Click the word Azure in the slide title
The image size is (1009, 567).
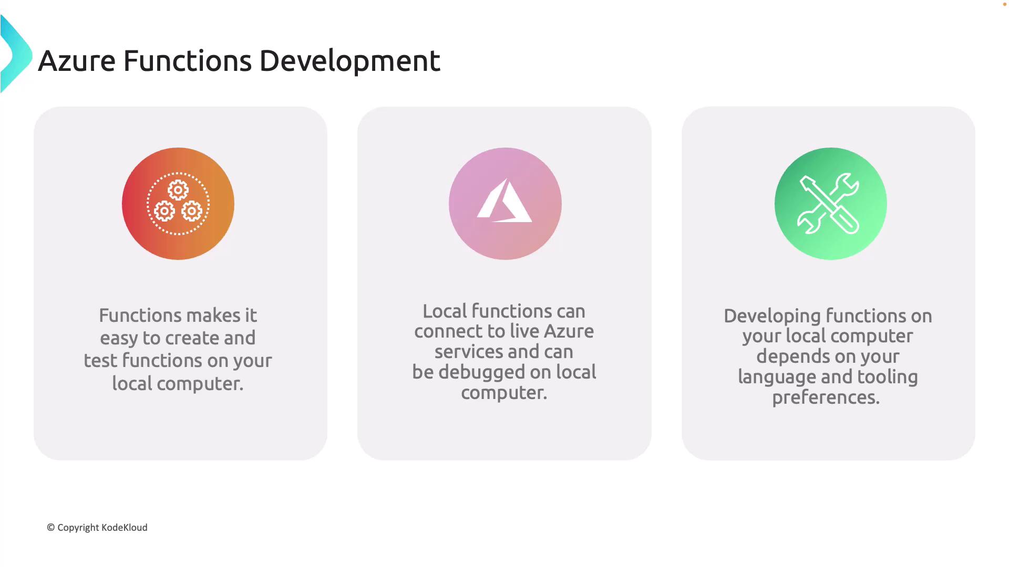coord(77,61)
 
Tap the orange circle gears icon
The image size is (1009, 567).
coord(178,204)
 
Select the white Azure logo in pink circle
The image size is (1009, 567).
coord(504,202)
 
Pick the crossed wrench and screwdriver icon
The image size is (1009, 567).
coord(829,204)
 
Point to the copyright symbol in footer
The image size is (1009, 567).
coord(51,528)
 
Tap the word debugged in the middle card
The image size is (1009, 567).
coord(481,373)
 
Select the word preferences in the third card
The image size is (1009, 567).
coord(826,398)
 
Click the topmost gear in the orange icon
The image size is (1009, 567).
coord(178,190)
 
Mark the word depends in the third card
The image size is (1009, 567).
coord(793,357)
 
